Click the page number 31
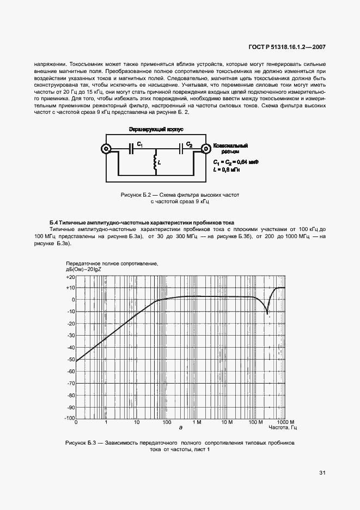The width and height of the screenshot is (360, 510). [x=322, y=472]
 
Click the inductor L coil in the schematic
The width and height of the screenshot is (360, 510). [x=156, y=162]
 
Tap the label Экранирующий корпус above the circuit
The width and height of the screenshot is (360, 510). [x=156, y=130]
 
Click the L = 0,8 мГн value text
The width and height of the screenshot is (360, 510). [x=227, y=169]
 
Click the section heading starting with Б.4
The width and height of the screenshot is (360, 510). [x=142, y=223]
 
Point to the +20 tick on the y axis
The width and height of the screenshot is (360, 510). [x=70, y=277]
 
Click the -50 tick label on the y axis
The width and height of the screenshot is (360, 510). [x=70, y=360]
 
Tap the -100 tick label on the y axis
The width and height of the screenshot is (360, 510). [x=69, y=418]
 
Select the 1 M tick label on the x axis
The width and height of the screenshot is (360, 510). [x=197, y=423]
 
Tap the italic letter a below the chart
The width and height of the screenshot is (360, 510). [x=180, y=430]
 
